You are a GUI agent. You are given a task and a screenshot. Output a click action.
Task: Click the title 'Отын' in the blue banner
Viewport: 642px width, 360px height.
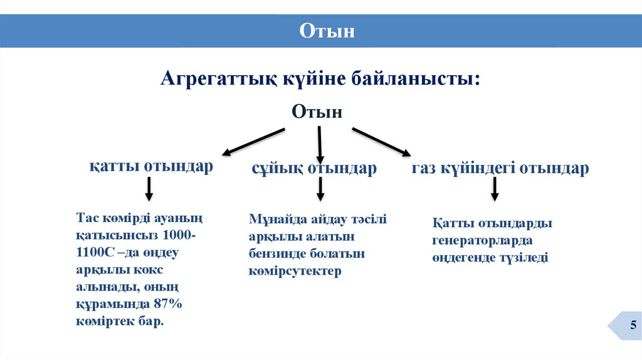[327, 31]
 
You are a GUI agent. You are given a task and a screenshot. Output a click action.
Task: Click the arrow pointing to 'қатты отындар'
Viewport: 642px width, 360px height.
[253, 141]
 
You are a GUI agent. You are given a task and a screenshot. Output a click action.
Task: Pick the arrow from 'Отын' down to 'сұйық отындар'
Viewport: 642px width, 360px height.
[320, 145]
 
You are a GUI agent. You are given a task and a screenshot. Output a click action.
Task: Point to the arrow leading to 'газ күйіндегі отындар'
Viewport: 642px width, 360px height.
[381, 141]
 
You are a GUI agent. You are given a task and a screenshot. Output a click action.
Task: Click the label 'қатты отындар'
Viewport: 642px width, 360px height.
[150, 167]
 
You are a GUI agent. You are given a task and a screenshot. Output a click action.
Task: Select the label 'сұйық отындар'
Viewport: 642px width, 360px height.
[314, 168]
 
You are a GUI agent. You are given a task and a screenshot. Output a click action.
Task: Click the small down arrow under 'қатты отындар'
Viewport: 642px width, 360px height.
[149, 189]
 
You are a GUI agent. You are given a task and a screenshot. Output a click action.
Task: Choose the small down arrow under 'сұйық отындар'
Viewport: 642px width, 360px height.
[320, 189]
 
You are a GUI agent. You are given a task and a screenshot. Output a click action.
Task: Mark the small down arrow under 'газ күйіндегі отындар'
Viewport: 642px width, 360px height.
[495, 189]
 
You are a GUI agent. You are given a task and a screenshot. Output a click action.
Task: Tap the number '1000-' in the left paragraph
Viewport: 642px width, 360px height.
[179, 236]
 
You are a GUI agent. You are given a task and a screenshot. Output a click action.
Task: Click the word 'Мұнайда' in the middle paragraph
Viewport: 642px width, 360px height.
[274, 220]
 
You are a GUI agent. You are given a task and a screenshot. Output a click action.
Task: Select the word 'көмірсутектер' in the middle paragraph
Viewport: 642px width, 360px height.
[295, 271]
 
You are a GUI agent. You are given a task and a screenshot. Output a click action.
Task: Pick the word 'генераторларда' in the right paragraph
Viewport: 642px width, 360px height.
[482, 240]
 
